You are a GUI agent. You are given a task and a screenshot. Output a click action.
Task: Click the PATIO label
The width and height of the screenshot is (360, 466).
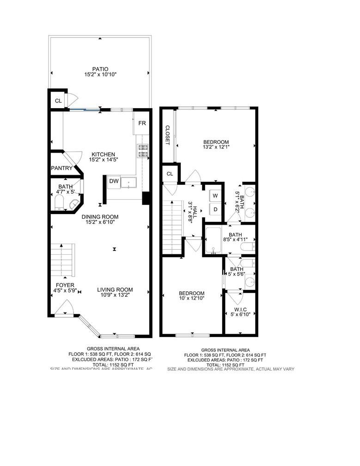click(100, 69)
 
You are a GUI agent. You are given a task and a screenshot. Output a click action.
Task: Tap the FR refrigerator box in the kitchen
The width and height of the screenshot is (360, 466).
click(142, 123)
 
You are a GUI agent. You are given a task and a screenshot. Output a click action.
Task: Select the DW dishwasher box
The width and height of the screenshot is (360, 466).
click(114, 182)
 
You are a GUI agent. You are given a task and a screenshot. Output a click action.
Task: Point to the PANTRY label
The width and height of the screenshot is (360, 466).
click(62, 168)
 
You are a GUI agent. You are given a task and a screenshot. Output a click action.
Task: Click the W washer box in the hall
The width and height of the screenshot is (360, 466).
click(215, 196)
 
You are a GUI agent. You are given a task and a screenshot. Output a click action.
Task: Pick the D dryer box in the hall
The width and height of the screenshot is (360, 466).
click(215, 209)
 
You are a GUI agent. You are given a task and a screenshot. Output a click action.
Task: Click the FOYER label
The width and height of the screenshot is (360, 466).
click(65, 285)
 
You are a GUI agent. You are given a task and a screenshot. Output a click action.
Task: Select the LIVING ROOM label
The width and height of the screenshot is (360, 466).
click(115, 290)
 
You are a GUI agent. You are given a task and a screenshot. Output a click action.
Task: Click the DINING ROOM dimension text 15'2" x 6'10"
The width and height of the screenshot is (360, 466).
click(100, 222)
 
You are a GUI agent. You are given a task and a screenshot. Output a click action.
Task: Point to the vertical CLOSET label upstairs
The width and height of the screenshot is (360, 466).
click(168, 135)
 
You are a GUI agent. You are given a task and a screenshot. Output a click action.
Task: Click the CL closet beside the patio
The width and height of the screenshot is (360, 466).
click(58, 100)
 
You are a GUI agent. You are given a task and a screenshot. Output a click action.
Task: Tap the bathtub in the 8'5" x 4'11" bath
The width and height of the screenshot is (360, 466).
click(214, 241)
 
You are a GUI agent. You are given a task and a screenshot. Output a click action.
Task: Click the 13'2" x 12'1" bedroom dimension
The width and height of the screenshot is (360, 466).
click(216, 147)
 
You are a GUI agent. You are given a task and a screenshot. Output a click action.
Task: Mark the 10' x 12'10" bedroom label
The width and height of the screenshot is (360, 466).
click(192, 294)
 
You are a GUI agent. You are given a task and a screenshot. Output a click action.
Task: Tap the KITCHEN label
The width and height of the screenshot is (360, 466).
click(103, 154)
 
